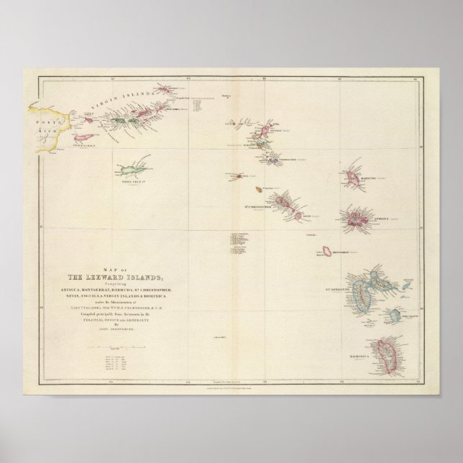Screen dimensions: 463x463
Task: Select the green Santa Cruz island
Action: tap(129, 170)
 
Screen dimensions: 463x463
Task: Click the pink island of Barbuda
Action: tap(353, 176)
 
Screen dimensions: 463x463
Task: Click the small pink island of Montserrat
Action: tap(327, 251)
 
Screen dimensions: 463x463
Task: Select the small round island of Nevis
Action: tap(296, 214)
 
